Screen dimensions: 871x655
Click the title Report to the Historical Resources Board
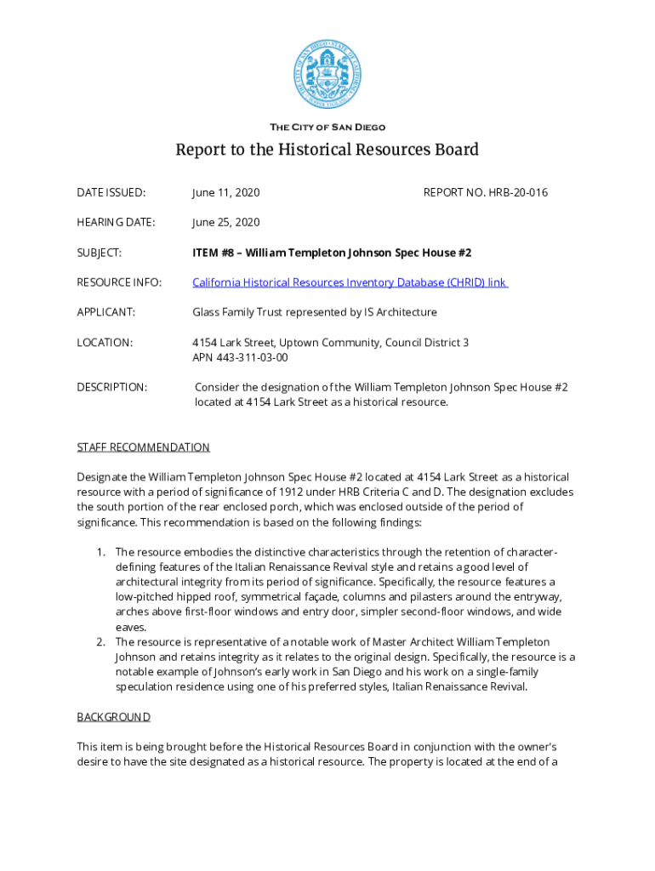click(327, 151)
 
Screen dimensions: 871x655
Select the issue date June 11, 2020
click(225, 193)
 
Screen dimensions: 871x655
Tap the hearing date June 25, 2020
click(225, 223)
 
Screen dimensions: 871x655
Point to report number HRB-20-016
click(486, 193)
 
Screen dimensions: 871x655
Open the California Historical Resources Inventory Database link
click(350, 282)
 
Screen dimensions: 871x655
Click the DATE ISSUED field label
click(111, 193)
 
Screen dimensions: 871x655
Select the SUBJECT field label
click(99, 253)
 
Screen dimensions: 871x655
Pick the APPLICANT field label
click(105, 312)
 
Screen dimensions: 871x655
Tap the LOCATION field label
click(105, 343)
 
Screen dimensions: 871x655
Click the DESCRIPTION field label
click(111, 387)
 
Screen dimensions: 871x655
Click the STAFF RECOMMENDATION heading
click(143, 447)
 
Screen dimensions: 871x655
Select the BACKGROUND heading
click(114, 717)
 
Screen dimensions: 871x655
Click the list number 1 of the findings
click(102, 552)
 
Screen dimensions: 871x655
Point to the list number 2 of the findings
click(102, 641)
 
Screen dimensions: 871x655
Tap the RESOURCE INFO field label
click(119, 282)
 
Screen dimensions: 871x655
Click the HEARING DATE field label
click(116, 223)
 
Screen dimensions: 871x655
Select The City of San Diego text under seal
click(327, 128)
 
